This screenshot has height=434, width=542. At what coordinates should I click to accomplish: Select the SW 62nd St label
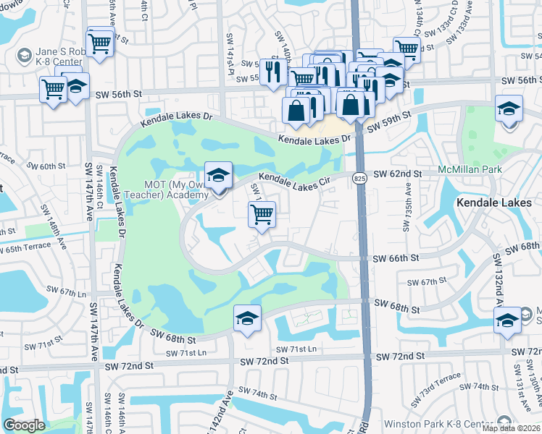[x=398, y=174]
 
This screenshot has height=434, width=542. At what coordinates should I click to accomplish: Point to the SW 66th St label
[x=396, y=258]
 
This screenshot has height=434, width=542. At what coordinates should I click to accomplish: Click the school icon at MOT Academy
[x=217, y=176]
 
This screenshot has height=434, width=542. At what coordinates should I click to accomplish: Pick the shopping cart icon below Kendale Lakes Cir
[x=262, y=213]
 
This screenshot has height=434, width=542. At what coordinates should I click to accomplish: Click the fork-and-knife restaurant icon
[x=272, y=71]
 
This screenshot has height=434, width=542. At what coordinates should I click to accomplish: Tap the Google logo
[x=24, y=425]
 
